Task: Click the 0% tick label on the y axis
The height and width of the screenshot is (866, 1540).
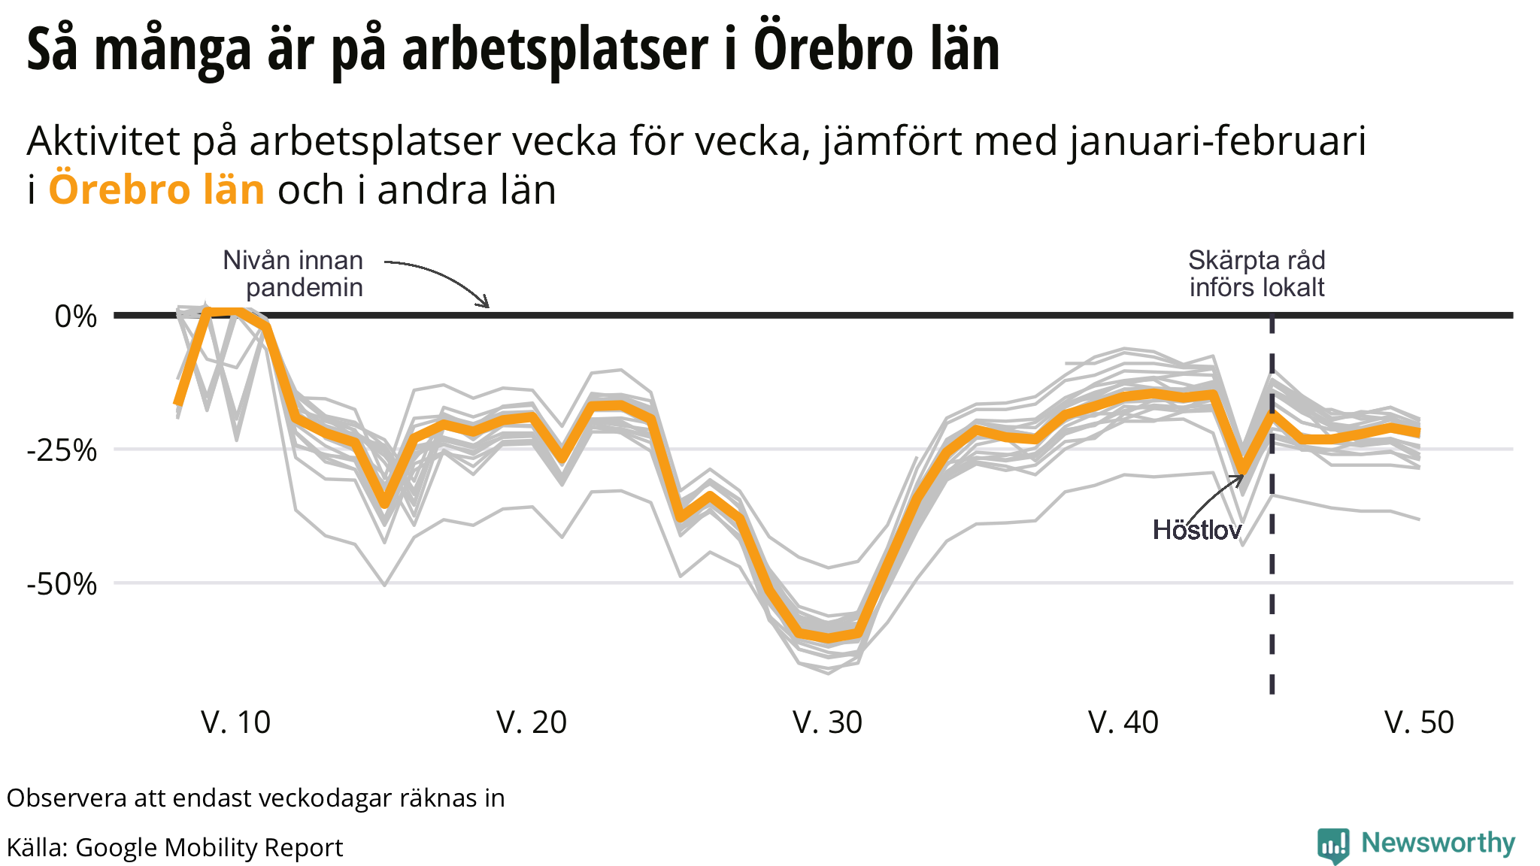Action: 76,316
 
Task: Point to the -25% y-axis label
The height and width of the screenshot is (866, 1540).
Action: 62,451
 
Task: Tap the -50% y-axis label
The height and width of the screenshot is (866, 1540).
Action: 62,584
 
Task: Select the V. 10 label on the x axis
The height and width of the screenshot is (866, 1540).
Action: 235,722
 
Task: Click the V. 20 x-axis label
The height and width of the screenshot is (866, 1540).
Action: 532,722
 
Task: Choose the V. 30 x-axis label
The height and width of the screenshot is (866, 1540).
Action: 827,722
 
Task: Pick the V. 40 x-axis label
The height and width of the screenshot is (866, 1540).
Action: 1123,722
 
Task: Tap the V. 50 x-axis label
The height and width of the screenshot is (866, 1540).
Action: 1419,722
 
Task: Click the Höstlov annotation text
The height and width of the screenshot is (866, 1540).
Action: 1197,530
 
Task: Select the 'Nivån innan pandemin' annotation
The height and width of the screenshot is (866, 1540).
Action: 294,274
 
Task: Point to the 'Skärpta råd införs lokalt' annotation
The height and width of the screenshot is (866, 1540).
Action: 1257,274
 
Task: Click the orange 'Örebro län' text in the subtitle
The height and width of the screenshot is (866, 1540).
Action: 156,189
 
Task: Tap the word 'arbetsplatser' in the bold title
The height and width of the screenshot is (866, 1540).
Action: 555,50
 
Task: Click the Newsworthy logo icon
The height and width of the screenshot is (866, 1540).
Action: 1333,845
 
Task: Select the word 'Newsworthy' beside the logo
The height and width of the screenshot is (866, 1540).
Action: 1438,843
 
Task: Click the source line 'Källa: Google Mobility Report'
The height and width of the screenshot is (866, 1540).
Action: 174,847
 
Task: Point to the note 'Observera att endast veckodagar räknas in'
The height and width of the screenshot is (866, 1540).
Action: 256,798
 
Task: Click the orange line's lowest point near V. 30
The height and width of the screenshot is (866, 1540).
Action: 829,639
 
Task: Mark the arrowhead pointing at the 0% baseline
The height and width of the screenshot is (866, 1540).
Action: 487,305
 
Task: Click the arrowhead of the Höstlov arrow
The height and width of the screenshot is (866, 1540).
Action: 1241,477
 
